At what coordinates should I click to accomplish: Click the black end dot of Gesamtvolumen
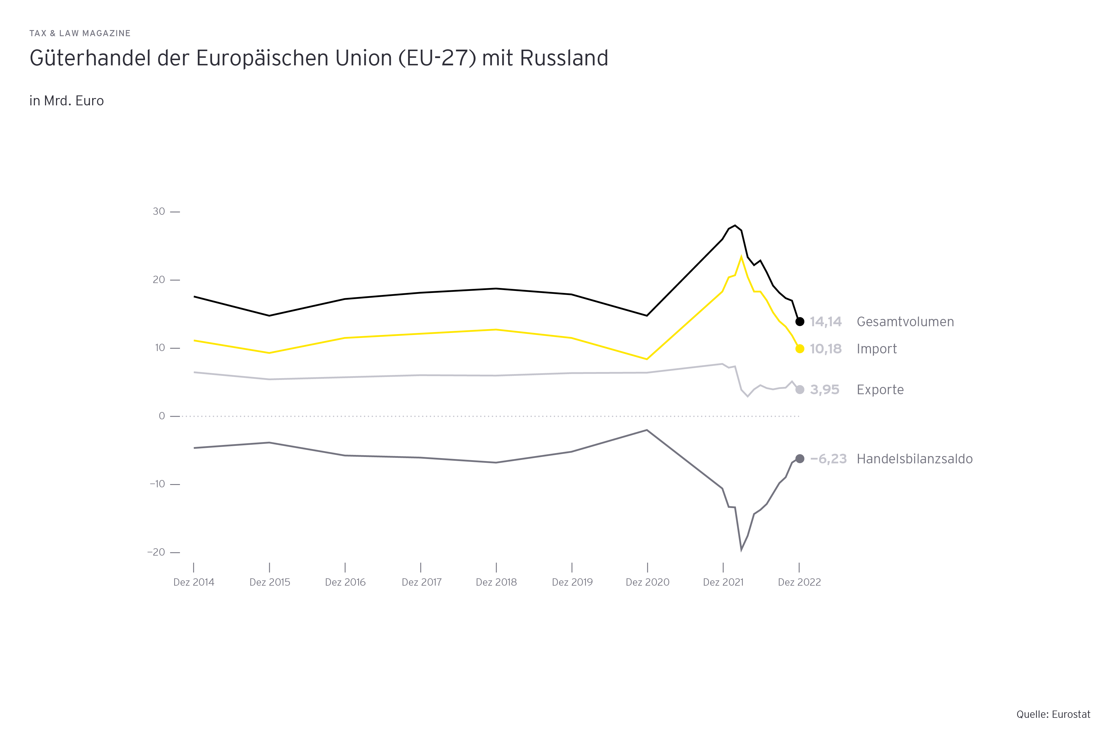800,322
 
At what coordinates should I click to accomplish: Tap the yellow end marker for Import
800,349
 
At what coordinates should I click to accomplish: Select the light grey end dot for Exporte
800,390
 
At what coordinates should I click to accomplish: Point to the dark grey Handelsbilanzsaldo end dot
800,459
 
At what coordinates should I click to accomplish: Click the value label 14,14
826,322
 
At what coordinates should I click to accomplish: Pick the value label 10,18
826,349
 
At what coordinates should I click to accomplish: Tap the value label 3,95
824,390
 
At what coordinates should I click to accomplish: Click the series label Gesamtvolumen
905,322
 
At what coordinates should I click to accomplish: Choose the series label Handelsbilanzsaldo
914,459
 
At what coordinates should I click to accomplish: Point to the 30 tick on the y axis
159,212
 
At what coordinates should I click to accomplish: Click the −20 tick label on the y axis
156,552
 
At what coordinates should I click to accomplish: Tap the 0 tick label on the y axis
162,416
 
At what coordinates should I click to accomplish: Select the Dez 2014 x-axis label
194,582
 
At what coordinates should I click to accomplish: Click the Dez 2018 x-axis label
496,582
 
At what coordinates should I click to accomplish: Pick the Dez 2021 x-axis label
723,582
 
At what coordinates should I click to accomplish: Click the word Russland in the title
564,58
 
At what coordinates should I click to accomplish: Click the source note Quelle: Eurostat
1053,714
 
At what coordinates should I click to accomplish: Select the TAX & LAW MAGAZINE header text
80,33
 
